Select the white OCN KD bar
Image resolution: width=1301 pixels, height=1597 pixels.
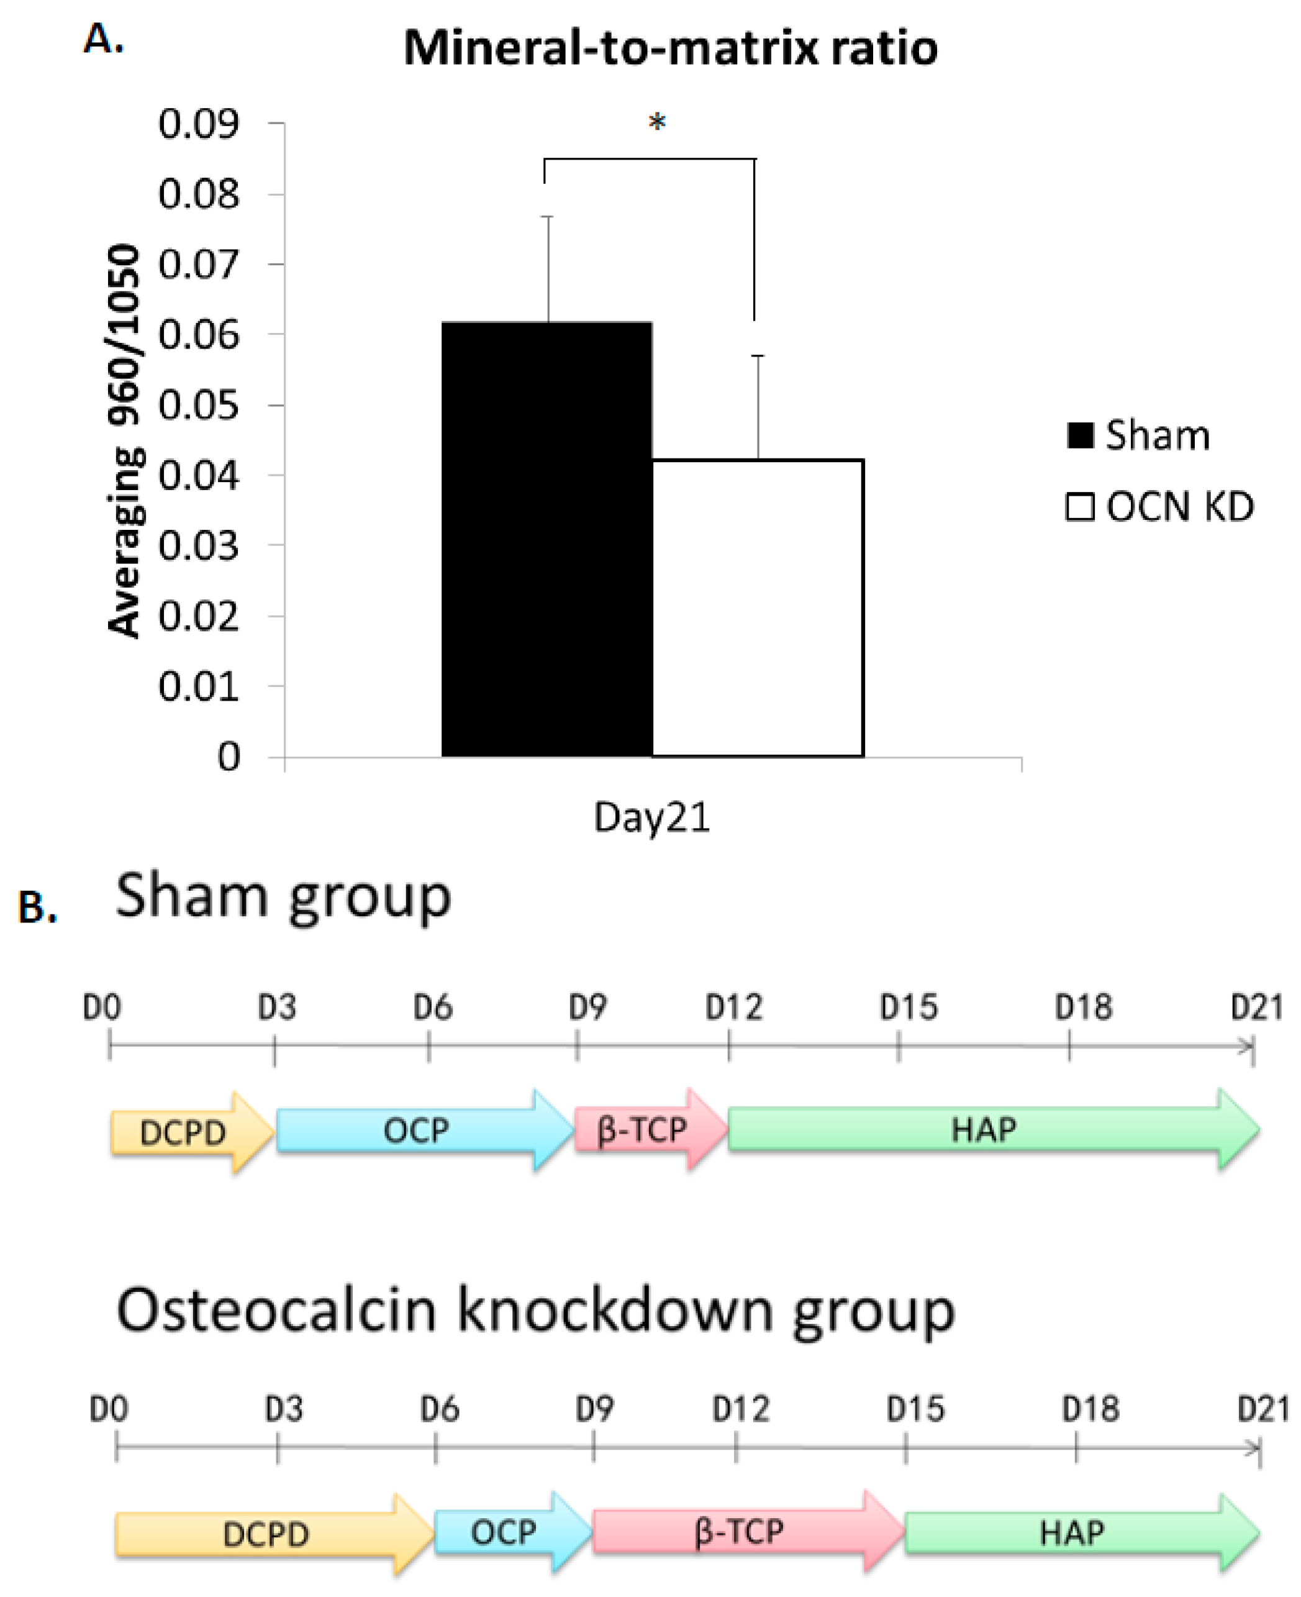click(x=757, y=607)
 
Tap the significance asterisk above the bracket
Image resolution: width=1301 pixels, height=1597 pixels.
click(x=656, y=122)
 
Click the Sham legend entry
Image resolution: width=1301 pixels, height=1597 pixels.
click(x=1138, y=435)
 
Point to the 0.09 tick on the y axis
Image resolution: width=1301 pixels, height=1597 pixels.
click(x=199, y=124)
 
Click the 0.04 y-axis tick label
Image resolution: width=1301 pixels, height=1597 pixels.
click(x=199, y=475)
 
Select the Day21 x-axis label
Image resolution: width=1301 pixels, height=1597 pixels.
click(x=651, y=817)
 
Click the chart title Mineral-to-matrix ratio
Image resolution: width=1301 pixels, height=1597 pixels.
click(x=670, y=48)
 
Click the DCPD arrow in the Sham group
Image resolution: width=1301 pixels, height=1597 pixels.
click(x=188, y=1132)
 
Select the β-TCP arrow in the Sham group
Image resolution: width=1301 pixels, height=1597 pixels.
click(x=645, y=1129)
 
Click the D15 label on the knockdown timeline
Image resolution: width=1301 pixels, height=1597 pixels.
click(x=915, y=1409)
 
